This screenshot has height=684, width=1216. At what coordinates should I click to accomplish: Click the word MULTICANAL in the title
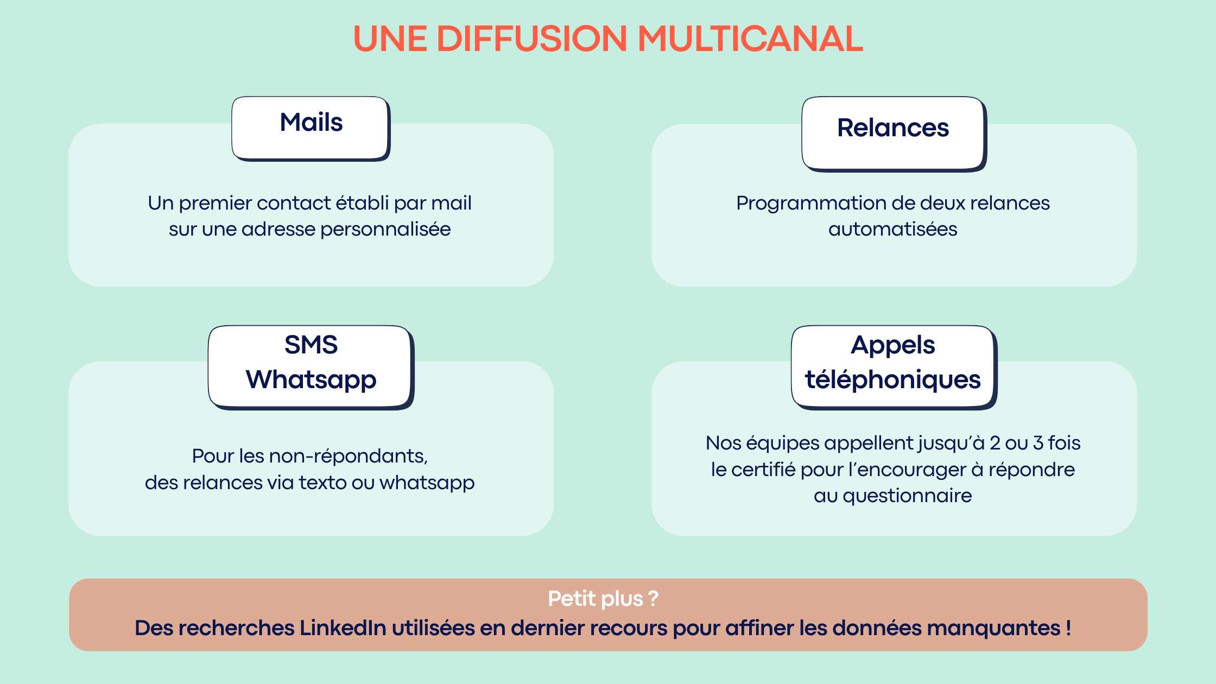point(750,39)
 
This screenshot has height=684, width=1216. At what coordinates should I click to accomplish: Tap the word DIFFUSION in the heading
point(531,39)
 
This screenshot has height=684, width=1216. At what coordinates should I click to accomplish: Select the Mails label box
point(311,128)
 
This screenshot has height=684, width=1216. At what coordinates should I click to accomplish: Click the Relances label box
point(893,133)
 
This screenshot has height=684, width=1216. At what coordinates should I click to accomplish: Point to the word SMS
point(311,345)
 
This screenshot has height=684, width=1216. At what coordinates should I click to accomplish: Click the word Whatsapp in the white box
point(311,379)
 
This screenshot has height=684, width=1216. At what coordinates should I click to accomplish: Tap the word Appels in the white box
point(892,345)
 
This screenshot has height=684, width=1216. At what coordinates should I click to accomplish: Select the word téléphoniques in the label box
point(892,379)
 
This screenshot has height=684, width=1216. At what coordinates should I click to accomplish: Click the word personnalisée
point(385,230)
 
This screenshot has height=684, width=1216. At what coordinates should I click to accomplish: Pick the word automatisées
point(892,230)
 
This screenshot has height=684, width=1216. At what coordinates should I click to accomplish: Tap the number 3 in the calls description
point(1038,443)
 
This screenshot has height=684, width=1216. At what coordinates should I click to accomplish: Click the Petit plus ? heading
point(603,599)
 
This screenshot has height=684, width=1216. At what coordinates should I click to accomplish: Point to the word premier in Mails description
point(215,204)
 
